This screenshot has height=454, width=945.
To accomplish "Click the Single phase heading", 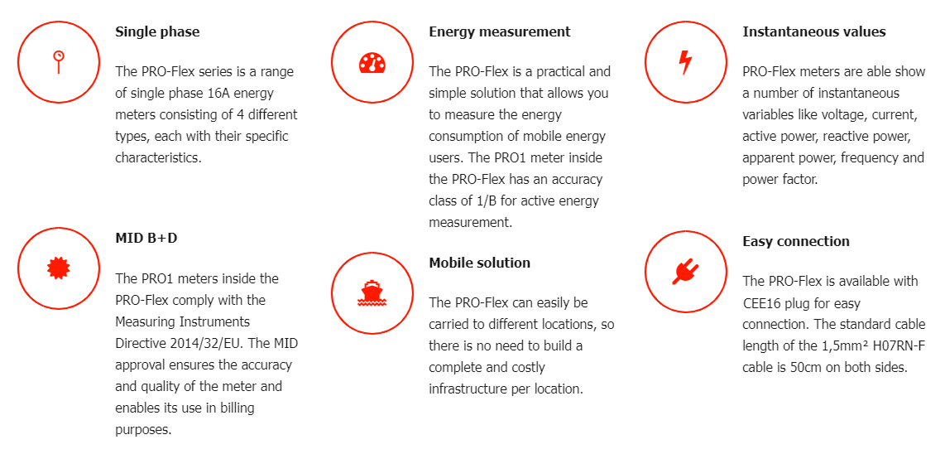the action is click(x=157, y=32).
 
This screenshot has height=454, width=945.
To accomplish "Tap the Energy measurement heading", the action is click(x=500, y=32).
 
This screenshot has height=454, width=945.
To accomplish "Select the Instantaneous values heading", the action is click(x=814, y=32).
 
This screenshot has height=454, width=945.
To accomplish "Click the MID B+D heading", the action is click(x=146, y=239).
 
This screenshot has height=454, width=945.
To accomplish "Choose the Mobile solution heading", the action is click(x=480, y=263).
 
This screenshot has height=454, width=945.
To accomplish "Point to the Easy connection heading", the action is click(x=796, y=241).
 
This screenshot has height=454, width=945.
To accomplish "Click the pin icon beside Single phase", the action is click(x=59, y=61).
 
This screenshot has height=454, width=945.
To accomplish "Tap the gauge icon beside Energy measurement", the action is click(x=372, y=63).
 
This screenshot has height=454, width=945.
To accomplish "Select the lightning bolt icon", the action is click(x=685, y=61).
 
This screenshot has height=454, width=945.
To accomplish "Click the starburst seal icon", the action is click(x=59, y=268).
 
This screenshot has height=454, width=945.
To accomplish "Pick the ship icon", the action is click(x=372, y=293).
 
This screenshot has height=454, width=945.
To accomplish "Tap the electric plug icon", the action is click(x=685, y=272).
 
